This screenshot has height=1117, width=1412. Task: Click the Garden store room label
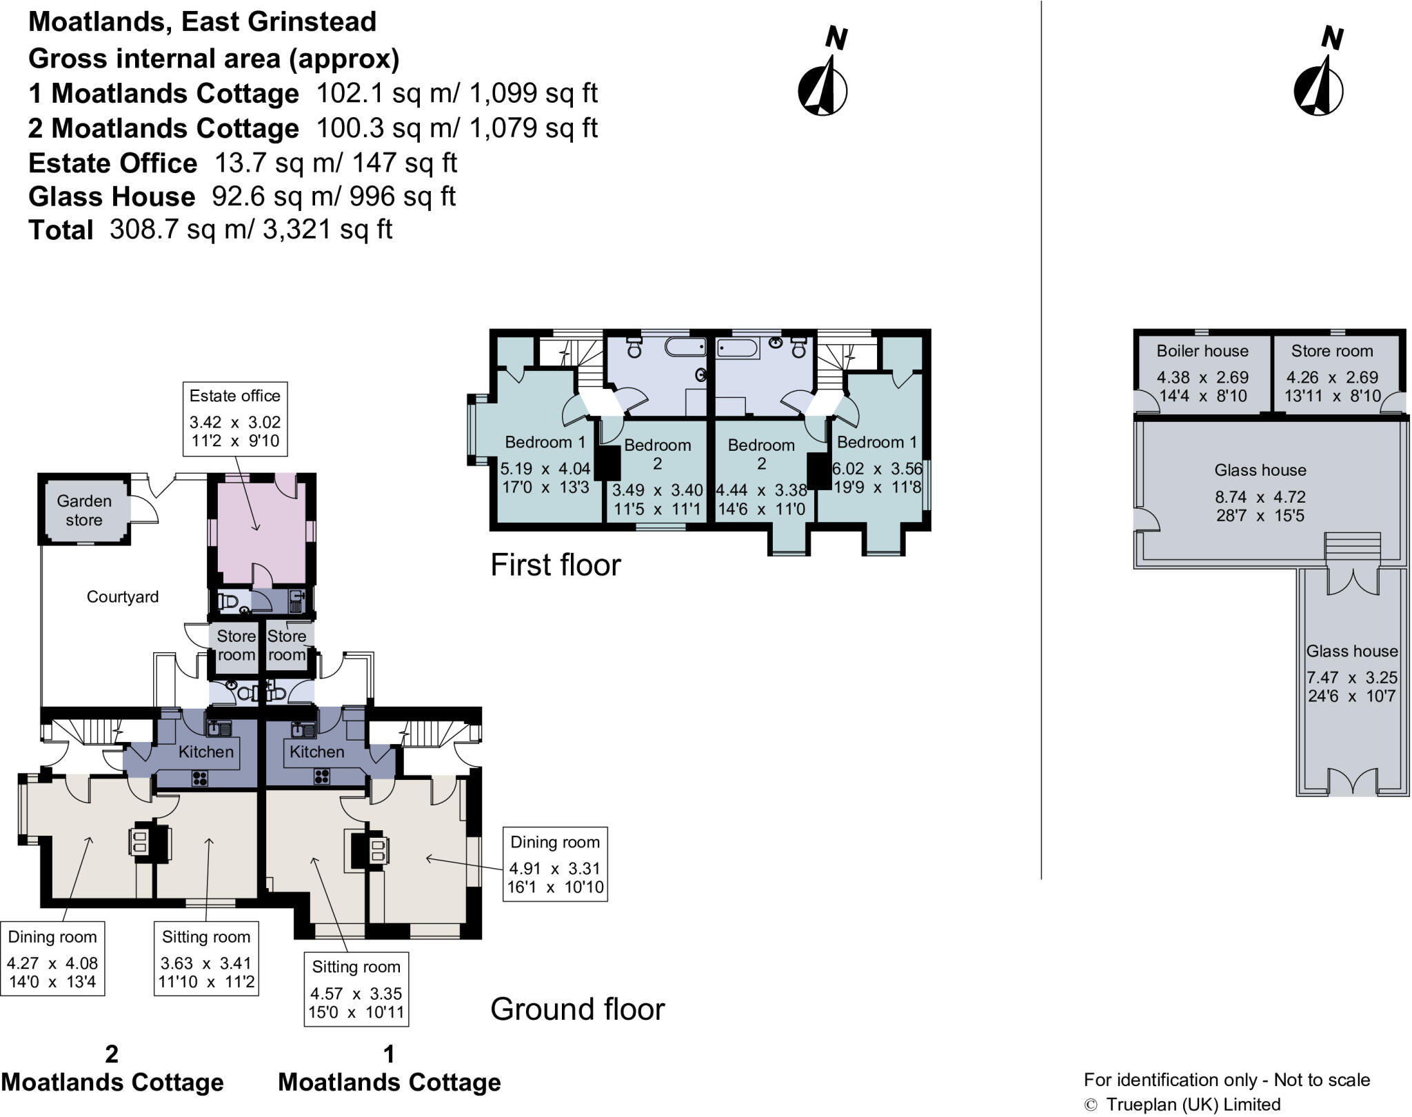click(x=83, y=510)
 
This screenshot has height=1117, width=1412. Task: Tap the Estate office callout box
click(x=234, y=419)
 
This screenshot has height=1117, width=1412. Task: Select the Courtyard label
click(x=122, y=596)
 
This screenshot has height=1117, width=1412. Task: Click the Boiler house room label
click(x=1202, y=351)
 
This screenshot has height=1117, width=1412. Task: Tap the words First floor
click(x=555, y=565)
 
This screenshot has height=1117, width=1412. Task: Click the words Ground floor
click(x=577, y=1009)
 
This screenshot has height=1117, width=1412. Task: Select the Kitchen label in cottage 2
click(x=205, y=752)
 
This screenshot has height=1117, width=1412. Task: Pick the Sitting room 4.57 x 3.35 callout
click(x=356, y=989)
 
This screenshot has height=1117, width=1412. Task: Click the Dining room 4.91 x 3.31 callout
click(x=554, y=864)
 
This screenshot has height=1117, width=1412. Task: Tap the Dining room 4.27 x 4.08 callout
click(x=52, y=958)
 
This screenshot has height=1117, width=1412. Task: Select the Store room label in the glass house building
click(x=1331, y=351)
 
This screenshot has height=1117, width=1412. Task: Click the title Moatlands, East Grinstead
click(x=202, y=21)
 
